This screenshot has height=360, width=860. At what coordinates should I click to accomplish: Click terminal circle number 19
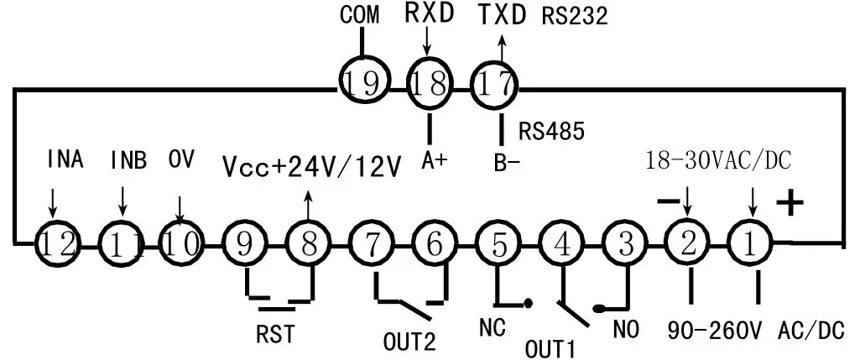pos(363,84)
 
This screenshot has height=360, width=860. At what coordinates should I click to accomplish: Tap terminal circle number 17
pos(494,85)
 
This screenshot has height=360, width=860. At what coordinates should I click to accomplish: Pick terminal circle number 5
pos(498,244)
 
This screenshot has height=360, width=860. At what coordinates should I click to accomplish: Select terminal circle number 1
pos(751,244)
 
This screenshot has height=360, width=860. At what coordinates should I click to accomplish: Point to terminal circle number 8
pos(309,244)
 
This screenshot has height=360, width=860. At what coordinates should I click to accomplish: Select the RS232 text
pos(576,17)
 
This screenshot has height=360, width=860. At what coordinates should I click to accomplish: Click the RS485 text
pos(551,131)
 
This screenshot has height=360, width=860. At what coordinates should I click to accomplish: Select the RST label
pos(275,334)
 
